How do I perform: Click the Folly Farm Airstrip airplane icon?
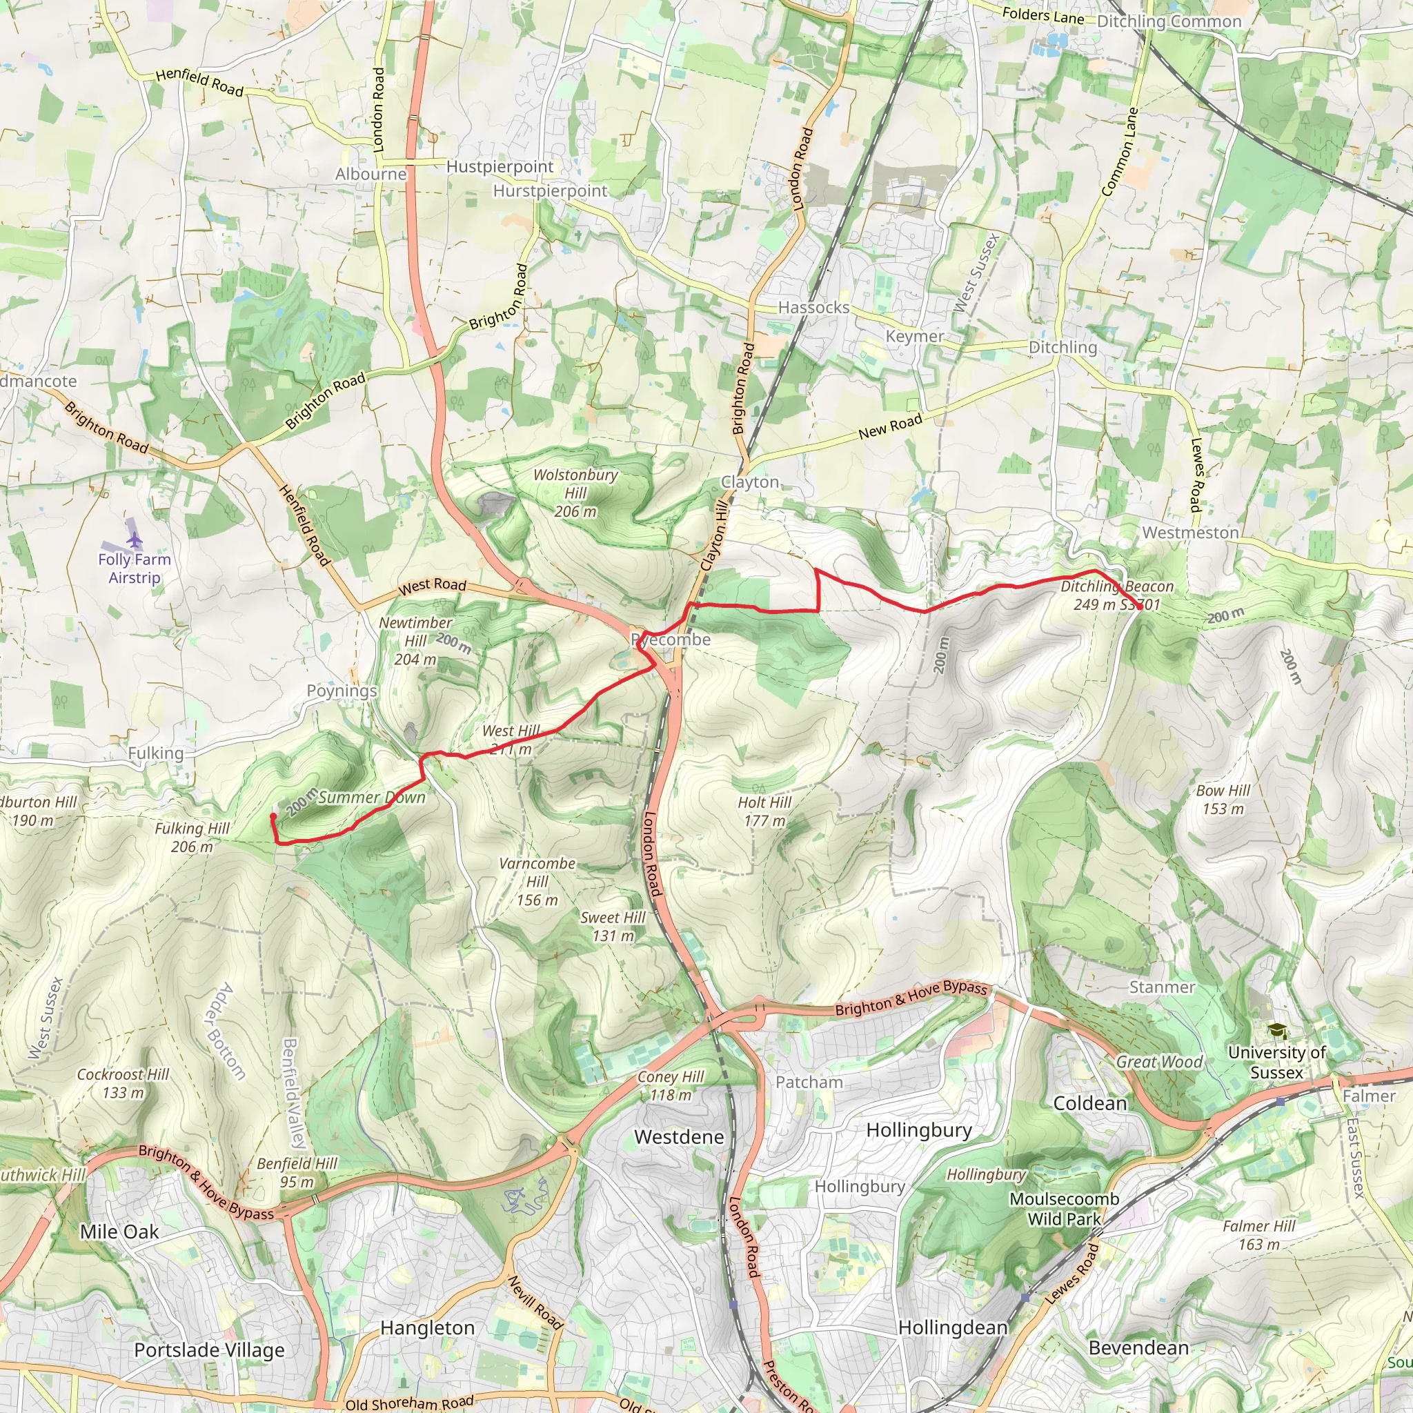[134, 540]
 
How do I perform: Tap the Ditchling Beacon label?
[1116, 595]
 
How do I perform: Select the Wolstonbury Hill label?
[575, 492]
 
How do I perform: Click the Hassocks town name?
[813, 307]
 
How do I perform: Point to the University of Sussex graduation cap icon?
[1276, 1031]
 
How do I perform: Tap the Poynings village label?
[342, 691]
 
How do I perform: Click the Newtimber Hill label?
[415, 640]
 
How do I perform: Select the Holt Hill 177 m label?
[764, 811]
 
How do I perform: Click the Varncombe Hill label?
[537, 881]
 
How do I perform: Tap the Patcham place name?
[809, 1082]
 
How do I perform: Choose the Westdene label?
[679, 1136]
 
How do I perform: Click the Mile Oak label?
[119, 1232]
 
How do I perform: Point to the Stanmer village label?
[1161, 987]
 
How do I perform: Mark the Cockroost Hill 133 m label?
[123, 1083]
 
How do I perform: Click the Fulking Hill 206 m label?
[192, 837]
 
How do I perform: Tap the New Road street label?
[890, 426]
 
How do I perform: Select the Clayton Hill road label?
[715, 535]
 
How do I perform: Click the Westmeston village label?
[1190, 533]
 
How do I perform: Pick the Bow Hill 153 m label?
[1223, 800]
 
